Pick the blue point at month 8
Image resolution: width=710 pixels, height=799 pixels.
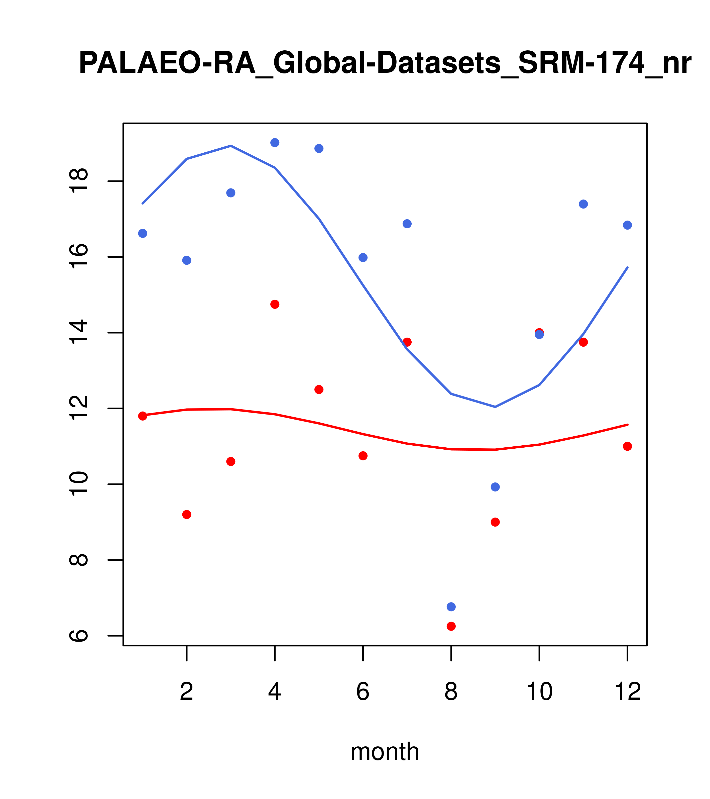[451, 607]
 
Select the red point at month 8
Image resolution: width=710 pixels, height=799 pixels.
[451, 626]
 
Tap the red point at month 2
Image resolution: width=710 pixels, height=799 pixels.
[187, 515]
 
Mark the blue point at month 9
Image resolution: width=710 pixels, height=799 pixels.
[495, 487]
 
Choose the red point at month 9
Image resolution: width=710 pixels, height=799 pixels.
[495, 522]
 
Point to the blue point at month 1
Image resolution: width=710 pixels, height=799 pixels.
[143, 233]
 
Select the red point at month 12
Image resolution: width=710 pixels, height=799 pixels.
[628, 446]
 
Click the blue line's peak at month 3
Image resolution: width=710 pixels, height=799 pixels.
[231, 146]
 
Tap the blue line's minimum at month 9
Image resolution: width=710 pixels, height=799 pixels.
[495, 407]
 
